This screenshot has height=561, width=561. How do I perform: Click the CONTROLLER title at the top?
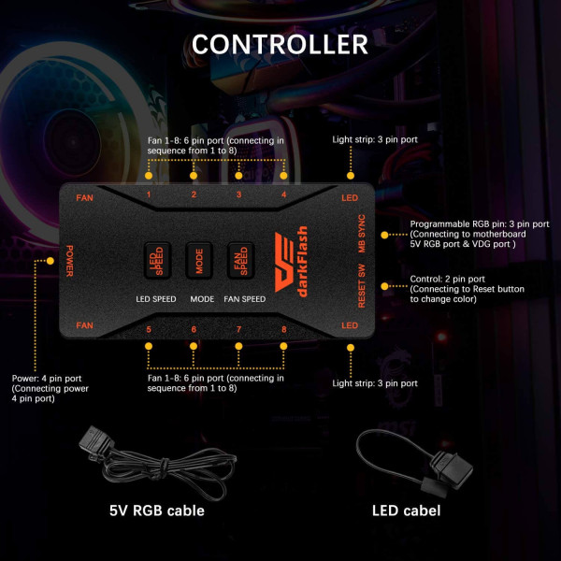click(x=280, y=44)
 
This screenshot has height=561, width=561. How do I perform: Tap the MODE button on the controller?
click(x=199, y=261)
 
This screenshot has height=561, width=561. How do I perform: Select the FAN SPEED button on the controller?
click(x=241, y=261)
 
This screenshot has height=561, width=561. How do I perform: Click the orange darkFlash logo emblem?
click(x=285, y=262)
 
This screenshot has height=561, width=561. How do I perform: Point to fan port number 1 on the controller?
click(x=149, y=194)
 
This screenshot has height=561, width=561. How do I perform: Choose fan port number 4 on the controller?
click(x=283, y=194)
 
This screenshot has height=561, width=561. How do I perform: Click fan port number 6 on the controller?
click(x=194, y=329)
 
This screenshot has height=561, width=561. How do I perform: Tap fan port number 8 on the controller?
click(x=283, y=329)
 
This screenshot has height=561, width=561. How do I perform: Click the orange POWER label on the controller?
click(x=70, y=261)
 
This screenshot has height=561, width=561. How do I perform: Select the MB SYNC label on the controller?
click(x=362, y=233)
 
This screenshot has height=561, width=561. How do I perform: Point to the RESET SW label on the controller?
click(x=362, y=286)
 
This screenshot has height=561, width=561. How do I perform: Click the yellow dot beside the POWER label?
click(x=50, y=261)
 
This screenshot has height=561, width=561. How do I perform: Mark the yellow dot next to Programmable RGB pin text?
click(x=384, y=235)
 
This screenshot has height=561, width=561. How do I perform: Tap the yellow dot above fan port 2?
click(x=194, y=176)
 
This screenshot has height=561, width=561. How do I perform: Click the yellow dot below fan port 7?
click(x=238, y=346)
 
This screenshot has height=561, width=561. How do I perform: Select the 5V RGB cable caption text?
click(x=157, y=511)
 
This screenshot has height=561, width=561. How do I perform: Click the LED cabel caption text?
click(x=407, y=511)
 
